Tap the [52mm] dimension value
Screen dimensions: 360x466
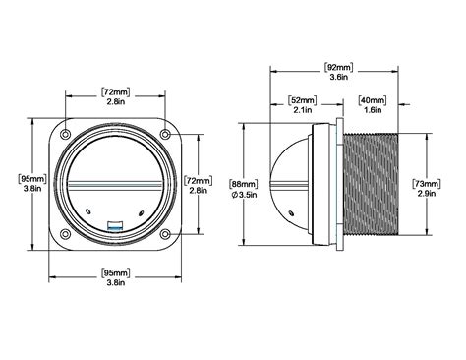[303, 98]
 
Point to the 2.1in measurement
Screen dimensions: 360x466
[303, 109]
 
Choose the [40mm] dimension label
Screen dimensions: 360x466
[372, 98]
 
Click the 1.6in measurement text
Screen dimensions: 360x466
[372, 109]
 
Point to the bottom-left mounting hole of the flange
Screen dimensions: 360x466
[65, 233]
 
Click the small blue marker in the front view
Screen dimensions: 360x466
[114, 224]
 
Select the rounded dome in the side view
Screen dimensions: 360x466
[321, 183]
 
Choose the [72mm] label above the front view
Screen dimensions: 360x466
[114, 91]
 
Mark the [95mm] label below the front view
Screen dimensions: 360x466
[114, 270]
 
